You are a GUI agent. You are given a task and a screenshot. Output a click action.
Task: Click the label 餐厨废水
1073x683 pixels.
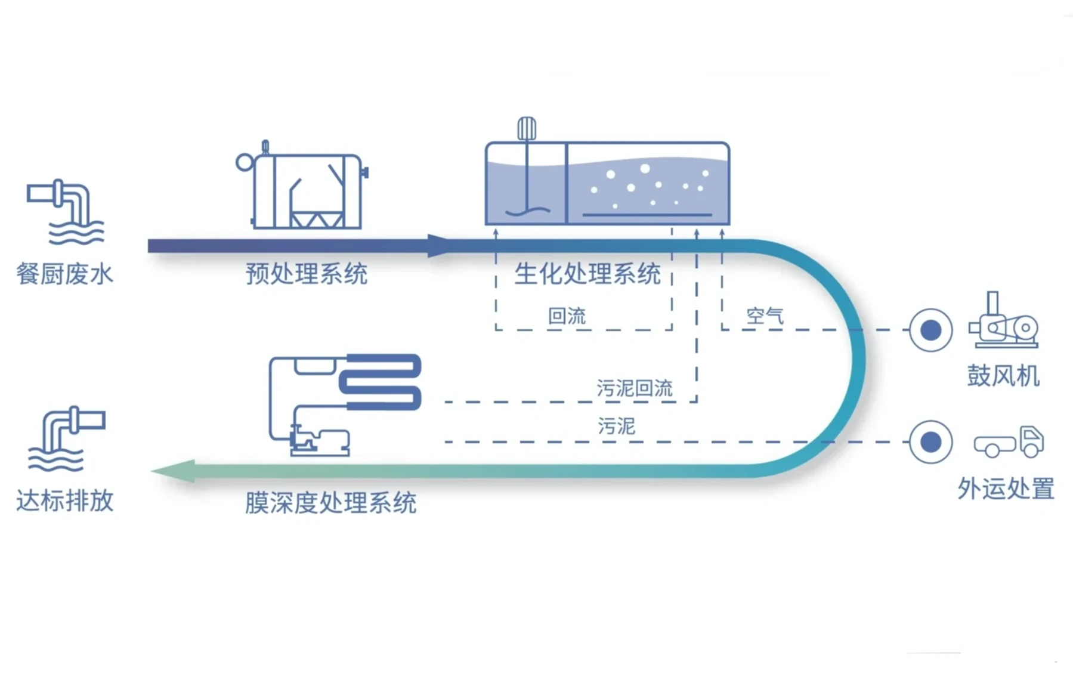coord(64,274)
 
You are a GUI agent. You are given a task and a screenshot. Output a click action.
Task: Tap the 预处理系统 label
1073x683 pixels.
coord(307,274)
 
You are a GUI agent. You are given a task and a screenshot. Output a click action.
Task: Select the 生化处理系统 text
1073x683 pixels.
coord(587,274)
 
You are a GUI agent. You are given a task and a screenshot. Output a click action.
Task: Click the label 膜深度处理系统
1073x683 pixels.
coord(330,503)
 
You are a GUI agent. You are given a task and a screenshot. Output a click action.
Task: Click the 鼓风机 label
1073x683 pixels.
coord(1003,376)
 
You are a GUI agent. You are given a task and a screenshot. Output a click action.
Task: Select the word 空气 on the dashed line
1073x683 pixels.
coord(765,316)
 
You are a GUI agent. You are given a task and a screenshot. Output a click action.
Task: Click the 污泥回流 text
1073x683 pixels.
coord(635,389)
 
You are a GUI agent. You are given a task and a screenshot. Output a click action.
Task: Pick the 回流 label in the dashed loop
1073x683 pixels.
coord(567,316)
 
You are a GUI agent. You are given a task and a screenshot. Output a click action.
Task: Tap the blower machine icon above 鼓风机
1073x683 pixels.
coord(1003,322)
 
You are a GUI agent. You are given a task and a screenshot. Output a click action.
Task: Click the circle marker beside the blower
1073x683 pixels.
coord(930,330)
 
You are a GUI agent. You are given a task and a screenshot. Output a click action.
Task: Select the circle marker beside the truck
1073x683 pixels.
coord(930,442)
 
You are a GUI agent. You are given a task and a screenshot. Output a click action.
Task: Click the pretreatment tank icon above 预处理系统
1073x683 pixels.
coord(304,190)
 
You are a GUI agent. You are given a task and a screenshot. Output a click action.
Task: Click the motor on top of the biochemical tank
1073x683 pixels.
coord(526,128)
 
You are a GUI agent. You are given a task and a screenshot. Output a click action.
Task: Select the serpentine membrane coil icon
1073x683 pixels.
coord(382,382)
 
